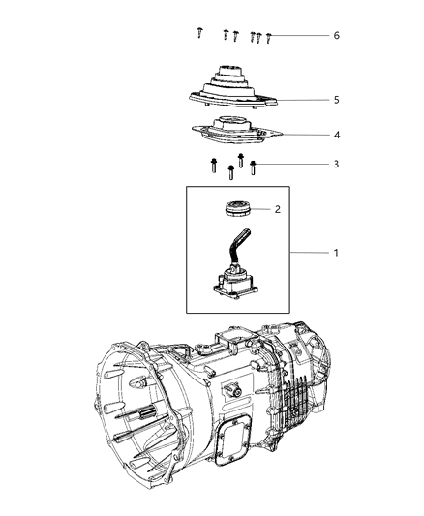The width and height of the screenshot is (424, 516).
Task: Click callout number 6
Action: pyautogui.click(x=336, y=35)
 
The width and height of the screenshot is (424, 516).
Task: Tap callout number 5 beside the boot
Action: pyautogui.click(x=336, y=100)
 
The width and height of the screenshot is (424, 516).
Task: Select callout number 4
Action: pyautogui.click(x=336, y=136)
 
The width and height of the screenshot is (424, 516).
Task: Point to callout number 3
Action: pyautogui.click(x=336, y=165)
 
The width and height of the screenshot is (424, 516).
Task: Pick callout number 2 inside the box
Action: pyautogui.click(x=277, y=209)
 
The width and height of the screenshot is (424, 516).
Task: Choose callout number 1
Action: pyautogui.click(x=336, y=253)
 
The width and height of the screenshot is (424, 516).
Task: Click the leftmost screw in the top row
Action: pyautogui.click(x=198, y=33)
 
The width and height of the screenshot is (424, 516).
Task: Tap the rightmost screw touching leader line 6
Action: pyautogui.click(x=268, y=38)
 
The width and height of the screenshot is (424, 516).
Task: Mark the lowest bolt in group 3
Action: pyautogui.click(x=230, y=174)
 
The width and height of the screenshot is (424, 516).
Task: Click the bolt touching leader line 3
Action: pyautogui.click(x=253, y=167)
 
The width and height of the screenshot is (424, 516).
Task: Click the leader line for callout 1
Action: pyautogui.click(x=300, y=253)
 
